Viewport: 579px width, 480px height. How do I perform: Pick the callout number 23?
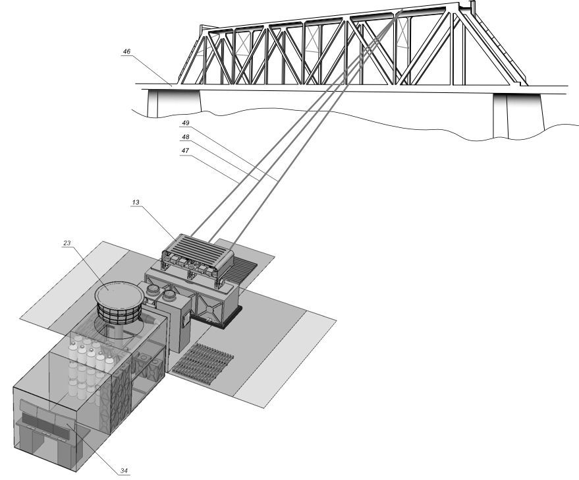(67, 243)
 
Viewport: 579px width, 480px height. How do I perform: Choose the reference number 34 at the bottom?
(124, 471)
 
